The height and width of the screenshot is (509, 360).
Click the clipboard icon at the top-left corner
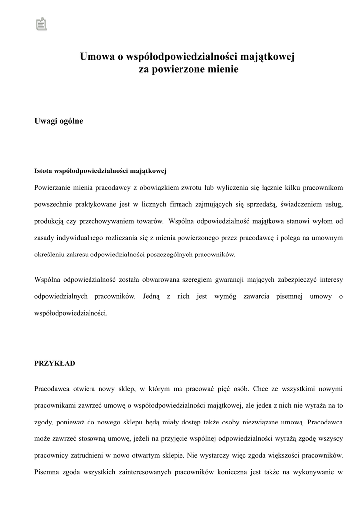[x=41, y=24]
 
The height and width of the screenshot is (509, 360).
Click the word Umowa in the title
[x=97, y=57]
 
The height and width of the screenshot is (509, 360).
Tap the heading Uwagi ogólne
[x=59, y=121]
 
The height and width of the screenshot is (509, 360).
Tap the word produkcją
[x=50, y=221]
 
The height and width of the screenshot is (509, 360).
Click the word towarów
[x=149, y=221]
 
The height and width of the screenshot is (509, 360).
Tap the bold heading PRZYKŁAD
[x=55, y=363]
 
